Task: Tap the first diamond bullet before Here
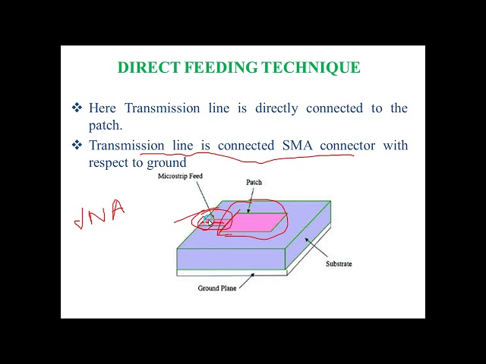point(77,108)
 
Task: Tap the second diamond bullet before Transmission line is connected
point(77,145)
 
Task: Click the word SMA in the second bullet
point(297,145)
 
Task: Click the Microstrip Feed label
point(180,176)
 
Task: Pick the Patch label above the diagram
point(254,183)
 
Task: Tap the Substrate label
point(339,264)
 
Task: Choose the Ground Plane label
point(219,288)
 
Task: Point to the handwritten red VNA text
point(99,215)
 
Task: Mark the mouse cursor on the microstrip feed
point(210,222)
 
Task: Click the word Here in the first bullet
point(103,108)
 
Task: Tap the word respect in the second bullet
point(106,162)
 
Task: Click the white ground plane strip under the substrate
point(228,273)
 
